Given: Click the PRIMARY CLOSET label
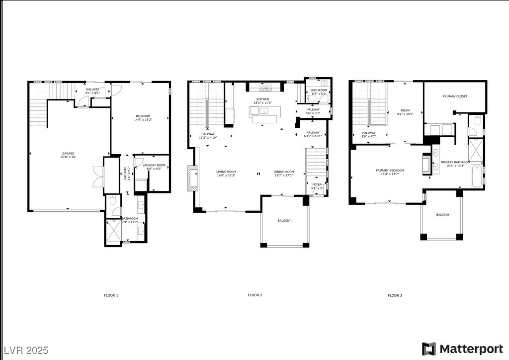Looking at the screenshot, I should (x=455, y=96).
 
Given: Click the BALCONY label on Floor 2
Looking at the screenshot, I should (x=284, y=221).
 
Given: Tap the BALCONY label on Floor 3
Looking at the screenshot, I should (x=442, y=215).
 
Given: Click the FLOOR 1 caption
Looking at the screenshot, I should (x=111, y=295).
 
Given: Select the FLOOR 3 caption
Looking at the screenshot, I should (x=395, y=295).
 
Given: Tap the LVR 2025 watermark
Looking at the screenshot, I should (x=25, y=350).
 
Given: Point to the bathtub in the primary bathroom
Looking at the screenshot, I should (x=476, y=177).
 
